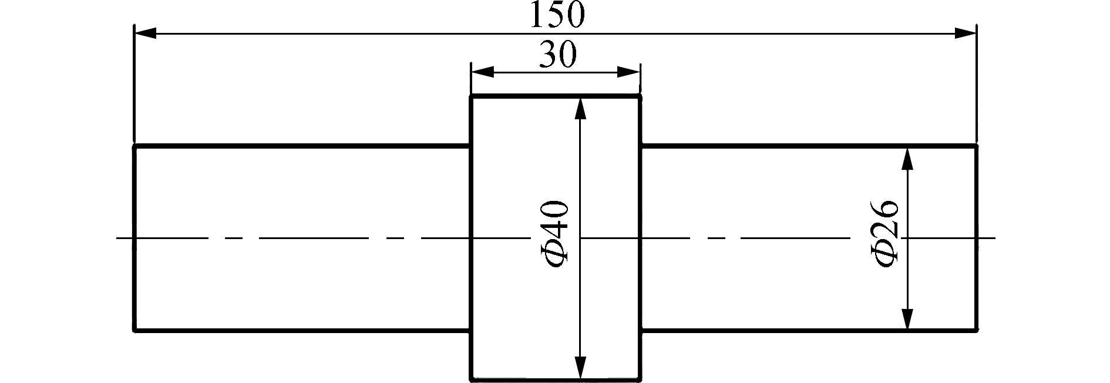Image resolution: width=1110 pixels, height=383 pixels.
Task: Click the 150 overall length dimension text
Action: pos(557,15)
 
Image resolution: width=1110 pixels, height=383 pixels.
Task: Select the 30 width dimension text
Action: pos(557,56)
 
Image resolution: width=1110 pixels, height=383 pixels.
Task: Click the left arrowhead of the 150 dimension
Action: pos(146,33)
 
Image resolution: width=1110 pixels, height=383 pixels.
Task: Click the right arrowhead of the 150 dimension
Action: pos(966,33)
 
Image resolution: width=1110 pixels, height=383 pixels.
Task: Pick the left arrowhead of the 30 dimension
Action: pos(482,72)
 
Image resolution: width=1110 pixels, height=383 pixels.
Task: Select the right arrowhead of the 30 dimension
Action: pos(628,72)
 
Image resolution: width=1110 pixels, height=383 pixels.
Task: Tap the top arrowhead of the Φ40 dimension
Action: pos(580,109)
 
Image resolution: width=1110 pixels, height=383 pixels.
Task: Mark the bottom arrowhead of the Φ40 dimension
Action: pos(580,367)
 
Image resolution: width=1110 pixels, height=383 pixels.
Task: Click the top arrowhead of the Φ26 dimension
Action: pos(908,159)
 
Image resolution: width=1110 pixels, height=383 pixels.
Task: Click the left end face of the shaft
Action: pos(135,238)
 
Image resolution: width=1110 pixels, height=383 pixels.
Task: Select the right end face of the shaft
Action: pos(977,238)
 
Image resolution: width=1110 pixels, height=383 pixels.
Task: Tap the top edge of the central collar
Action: pos(555,96)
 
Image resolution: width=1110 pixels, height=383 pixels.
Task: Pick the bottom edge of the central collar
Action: pos(555,379)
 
